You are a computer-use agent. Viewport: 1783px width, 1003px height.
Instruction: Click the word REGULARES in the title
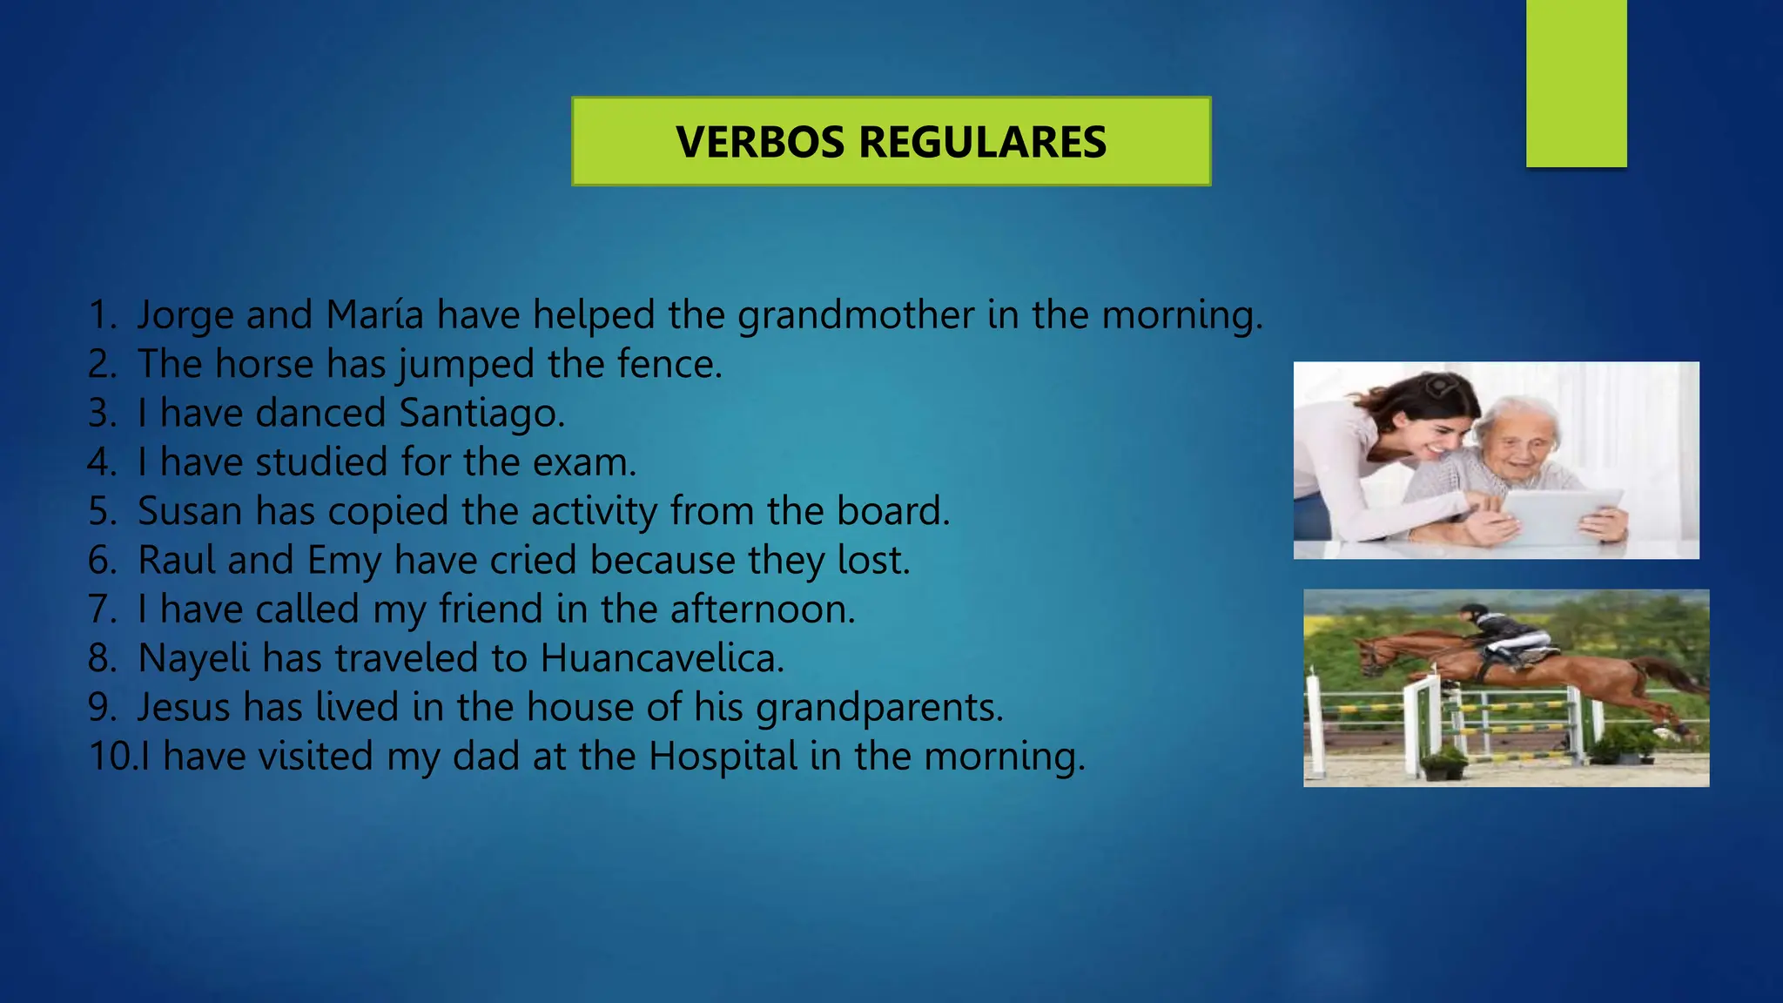982,142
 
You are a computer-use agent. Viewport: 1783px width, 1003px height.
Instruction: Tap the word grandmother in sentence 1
856,315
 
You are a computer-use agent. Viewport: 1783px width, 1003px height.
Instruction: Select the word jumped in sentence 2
466,365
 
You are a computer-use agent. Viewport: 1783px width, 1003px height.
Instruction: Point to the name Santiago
481,414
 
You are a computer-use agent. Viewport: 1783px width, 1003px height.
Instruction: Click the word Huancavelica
662,658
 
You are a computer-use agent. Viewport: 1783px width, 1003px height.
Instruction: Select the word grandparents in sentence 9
879,708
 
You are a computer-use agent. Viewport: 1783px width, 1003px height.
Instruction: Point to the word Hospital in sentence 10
723,757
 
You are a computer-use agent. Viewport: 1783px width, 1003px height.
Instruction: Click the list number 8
102,658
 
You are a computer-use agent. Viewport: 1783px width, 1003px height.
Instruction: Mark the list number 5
102,511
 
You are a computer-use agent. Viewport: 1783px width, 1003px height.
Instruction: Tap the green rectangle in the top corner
1576,83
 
